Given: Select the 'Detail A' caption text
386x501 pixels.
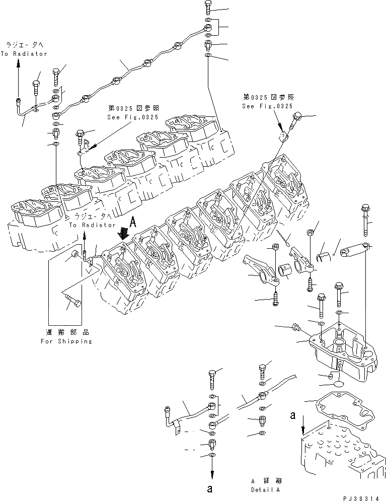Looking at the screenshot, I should pyautogui.click(x=266, y=489).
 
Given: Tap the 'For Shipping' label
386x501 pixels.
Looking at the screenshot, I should pyautogui.click(x=66, y=341).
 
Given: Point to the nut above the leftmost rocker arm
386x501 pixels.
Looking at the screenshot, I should pyautogui.click(x=275, y=247).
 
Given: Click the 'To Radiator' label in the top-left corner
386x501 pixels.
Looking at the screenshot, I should pyautogui.click(x=24, y=50).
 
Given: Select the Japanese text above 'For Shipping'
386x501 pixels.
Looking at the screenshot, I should pyautogui.click(x=66, y=332).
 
